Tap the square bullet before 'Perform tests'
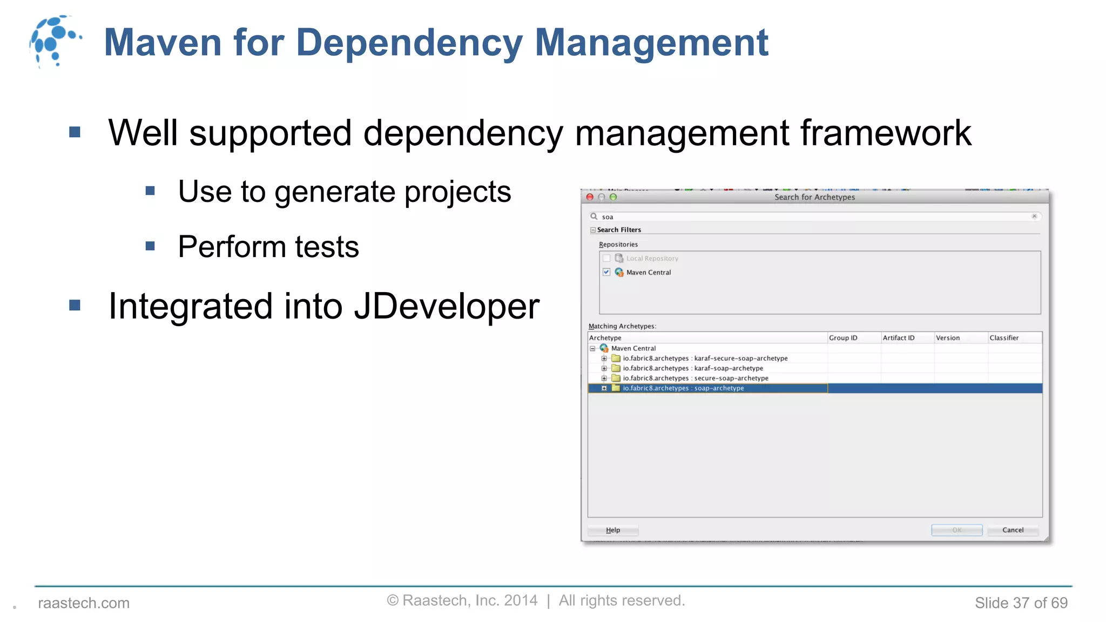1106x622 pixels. pyautogui.click(x=150, y=246)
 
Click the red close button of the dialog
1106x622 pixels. pyautogui.click(x=590, y=197)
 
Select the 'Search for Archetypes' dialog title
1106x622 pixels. pyautogui.click(x=814, y=197)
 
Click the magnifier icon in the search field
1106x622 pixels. pyautogui.click(x=594, y=217)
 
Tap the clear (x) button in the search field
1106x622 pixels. pyautogui.click(x=1034, y=217)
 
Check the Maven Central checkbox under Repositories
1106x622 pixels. pyautogui.click(x=606, y=272)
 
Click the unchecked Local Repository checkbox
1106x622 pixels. pyautogui.click(x=606, y=258)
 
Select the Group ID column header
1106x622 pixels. pyautogui.click(x=843, y=338)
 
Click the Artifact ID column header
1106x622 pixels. pyautogui.click(x=899, y=338)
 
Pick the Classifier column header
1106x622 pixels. pyautogui.click(x=1004, y=338)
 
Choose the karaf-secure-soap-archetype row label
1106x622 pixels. pyautogui.click(x=705, y=359)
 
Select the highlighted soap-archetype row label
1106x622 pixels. pyautogui.click(x=683, y=388)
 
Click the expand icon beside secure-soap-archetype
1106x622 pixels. pyautogui.click(x=604, y=378)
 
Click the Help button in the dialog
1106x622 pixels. pyautogui.click(x=613, y=530)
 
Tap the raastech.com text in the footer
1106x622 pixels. pyautogui.click(x=84, y=603)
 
